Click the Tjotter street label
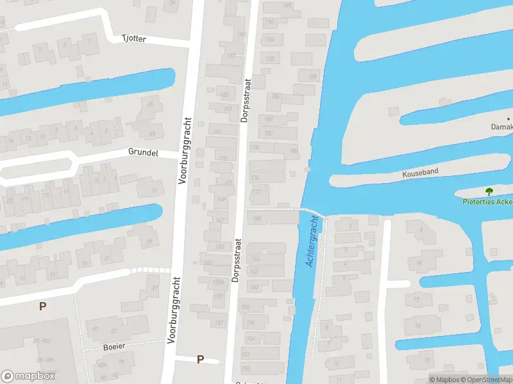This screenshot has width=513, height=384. pos(134,39)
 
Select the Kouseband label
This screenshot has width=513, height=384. pos(419,173)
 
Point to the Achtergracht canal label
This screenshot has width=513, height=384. pos(312,241)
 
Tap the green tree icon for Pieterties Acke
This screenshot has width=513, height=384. pos(489,191)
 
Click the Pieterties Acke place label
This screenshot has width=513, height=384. pos(488,202)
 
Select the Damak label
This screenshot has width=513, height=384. pos(501,127)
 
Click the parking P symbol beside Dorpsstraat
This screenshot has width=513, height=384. pos(200,360)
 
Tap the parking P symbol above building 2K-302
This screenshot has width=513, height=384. pos(42,307)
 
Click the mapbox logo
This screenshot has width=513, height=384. pos(28,376)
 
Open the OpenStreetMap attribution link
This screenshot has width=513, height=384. pos(485,380)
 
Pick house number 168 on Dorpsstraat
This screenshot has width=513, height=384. pos(257,219)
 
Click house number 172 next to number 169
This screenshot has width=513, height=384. pos(257,192)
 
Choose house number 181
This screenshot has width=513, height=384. pos(217,132)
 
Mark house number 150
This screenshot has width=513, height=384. pos(246,368)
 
